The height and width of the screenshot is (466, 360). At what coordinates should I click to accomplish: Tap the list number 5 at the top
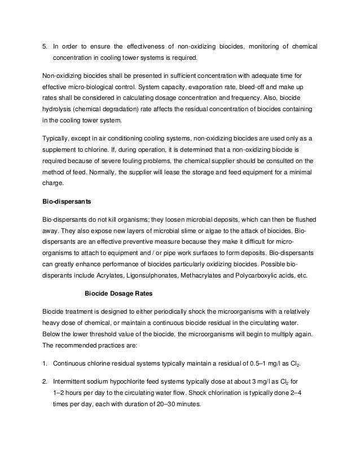pos(45,45)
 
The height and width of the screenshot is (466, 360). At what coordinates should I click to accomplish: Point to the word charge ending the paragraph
pos(54,182)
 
